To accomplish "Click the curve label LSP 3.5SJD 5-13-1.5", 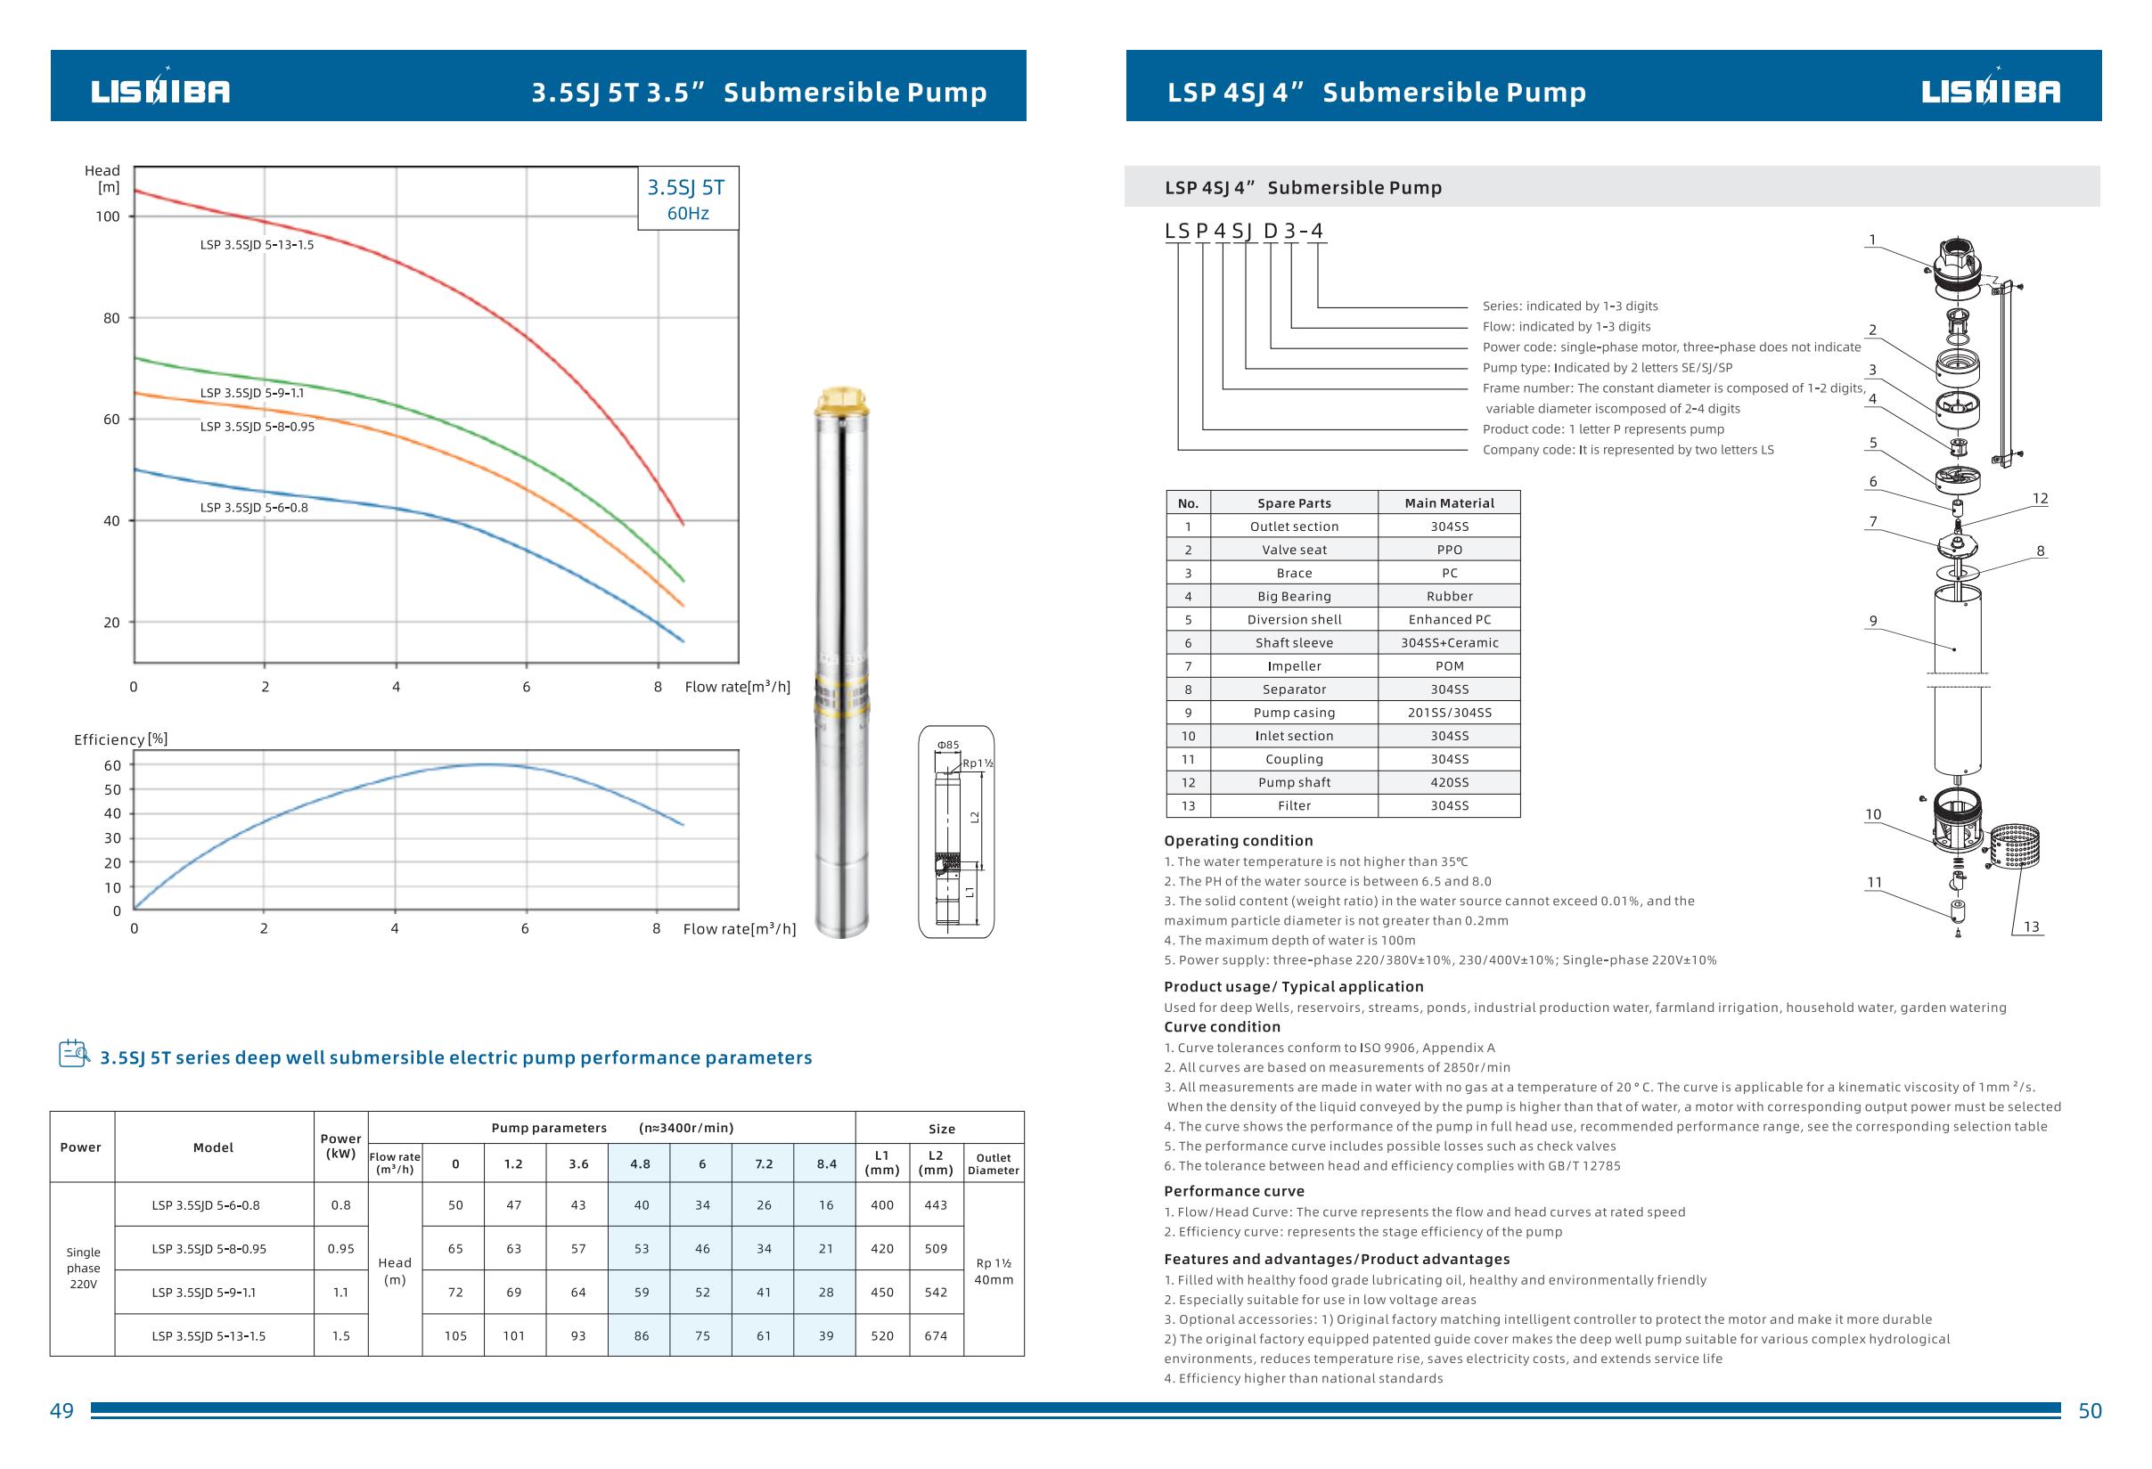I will pyautogui.click(x=257, y=245).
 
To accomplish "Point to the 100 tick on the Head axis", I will pyautogui.click(x=108, y=216).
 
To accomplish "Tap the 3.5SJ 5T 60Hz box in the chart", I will pyautogui.click(x=687, y=199).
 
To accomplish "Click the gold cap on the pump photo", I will pyautogui.click(x=842, y=402).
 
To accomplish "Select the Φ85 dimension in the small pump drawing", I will pyautogui.click(x=948, y=744).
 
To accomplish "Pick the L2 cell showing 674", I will pyautogui.click(x=936, y=1335).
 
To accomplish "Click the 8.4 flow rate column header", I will pyautogui.click(x=826, y=1163).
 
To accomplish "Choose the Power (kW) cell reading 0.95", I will pyautogui.click(x=340, y=1249).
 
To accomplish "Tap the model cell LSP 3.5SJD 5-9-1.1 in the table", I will pyautogui.click(x=204, y=1293).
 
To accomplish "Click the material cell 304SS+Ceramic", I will pyautogui.click(x=1449, y=643).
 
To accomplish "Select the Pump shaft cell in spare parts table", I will pyautogui.click(x=1294, y=782).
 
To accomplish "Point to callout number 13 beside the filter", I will pyautogui.click(x=2031, y=926).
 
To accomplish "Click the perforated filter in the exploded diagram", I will pyautogui.click(x=2013, y=847).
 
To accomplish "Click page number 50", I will pyautogui.click(x=2090, y=1411).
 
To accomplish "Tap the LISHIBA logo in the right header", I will pyautogui.click(x=1990, y=91).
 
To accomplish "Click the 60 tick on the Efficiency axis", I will pyautogui.click(x=112, y=765).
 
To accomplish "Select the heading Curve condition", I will pyautogui.click(x=1222, y=1026).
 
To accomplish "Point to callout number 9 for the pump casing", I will pyautogui.click(x=1872, y=621).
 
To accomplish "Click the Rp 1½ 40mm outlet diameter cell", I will pyautogui.click(x=993, y=1271).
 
